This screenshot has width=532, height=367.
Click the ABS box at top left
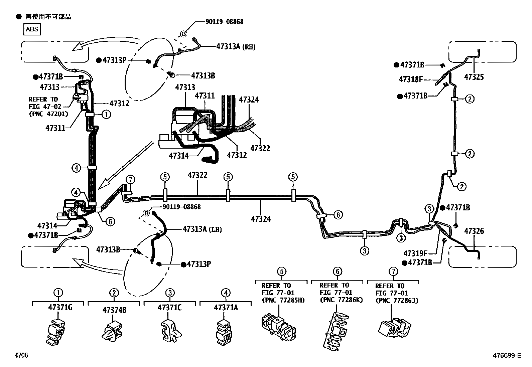32,29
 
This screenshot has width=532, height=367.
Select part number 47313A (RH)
236,47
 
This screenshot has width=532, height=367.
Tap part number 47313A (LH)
202,229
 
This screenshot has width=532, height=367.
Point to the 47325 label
474,77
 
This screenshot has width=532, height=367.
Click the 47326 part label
474,231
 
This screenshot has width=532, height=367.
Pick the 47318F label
411,79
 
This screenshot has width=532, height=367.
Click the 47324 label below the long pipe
261,219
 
